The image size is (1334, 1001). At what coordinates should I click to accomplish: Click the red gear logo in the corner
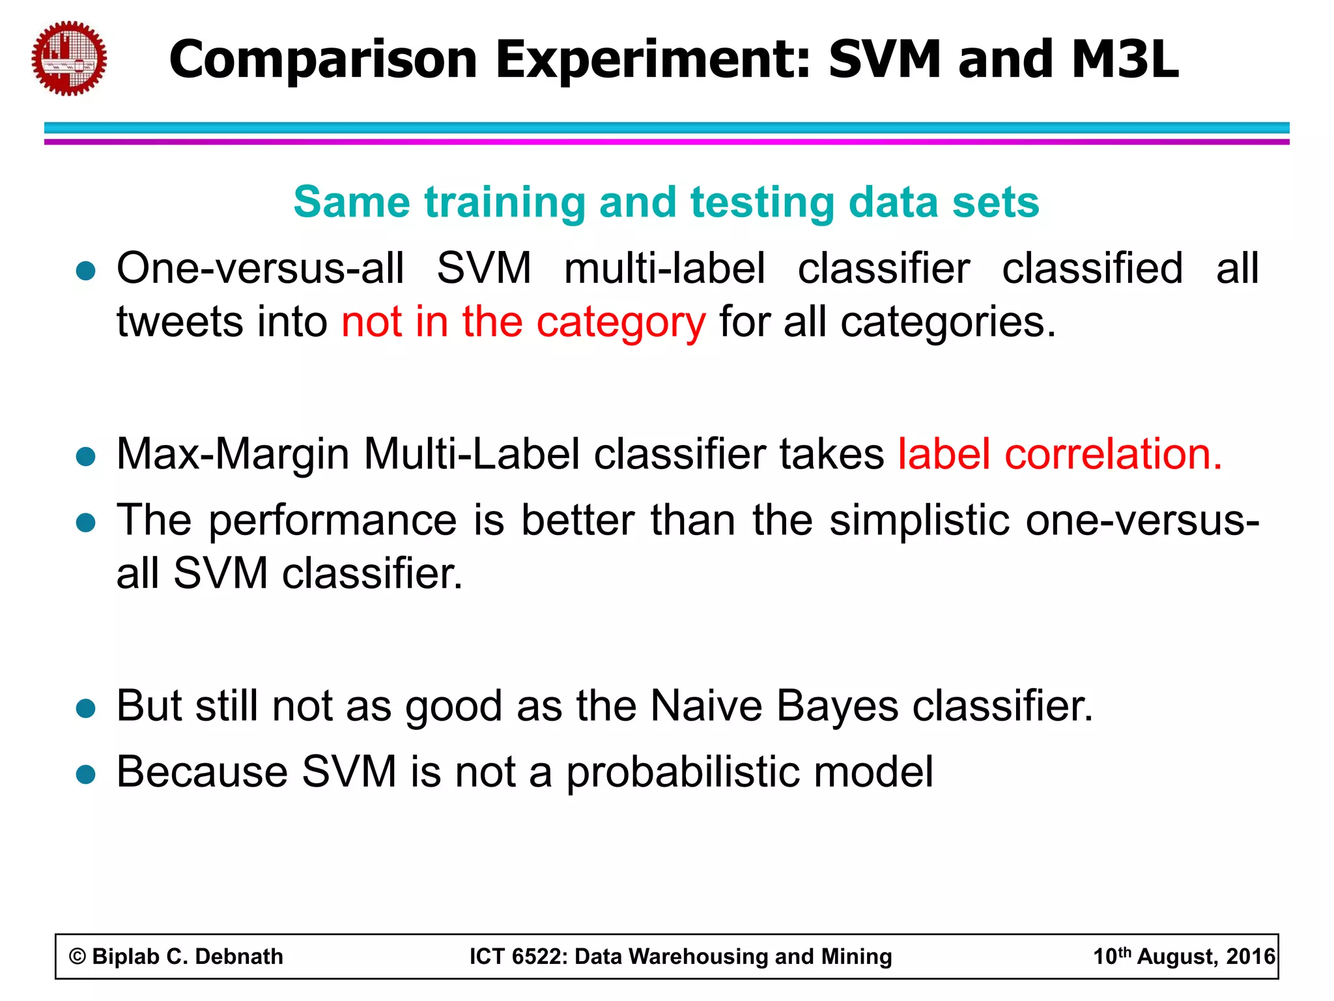pos(69,59)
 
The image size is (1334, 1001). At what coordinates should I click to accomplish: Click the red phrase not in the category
pos(523,322)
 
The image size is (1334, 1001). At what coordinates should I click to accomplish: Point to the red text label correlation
pos(1060,454)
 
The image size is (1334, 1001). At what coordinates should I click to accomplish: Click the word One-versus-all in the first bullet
pos(260,268)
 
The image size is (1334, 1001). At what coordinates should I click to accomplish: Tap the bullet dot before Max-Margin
pos(86,456)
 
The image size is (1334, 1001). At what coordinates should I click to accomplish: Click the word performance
pos(333,521)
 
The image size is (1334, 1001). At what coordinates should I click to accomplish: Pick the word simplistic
pos(919,521)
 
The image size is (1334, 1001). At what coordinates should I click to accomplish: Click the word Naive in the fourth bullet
pos(705,706)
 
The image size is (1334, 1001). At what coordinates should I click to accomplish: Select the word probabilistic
pos(683,772)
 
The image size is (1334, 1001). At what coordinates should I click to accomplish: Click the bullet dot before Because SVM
pos(86,774)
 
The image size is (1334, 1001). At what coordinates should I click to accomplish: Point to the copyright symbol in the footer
pos(78,957)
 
